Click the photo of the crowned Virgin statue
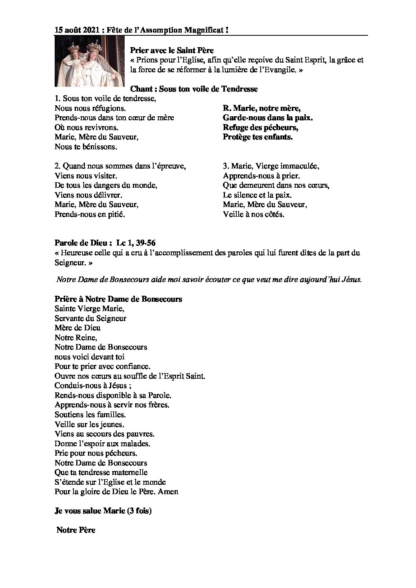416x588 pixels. pyautogui.click(x=89, y=62)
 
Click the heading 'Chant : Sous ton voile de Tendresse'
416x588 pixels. pyautogui.click(x=194, y=89)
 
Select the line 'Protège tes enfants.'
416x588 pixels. pyautogui.click(x=258, y=137)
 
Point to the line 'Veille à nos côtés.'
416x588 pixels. pyautogui.click(x=253, y=214)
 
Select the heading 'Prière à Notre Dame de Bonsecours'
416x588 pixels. pyautogui.click(x=118, y=299)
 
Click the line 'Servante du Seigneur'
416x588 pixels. pyautogui.click(x=90, y=318)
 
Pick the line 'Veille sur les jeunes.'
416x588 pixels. pyautogui.click(x=89, y=424)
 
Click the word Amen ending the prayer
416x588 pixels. pyautogui.click(x=170, y=491)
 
